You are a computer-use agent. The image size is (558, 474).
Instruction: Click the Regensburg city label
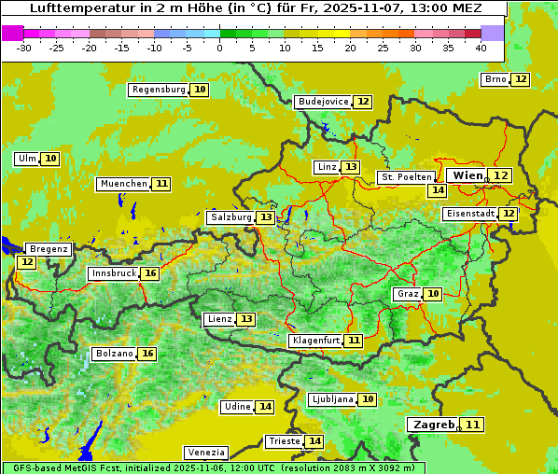point(159,90)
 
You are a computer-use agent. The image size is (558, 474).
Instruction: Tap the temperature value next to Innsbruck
point(150,273)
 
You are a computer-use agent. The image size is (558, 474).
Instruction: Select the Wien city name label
point(467,175)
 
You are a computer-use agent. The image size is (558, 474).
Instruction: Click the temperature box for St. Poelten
point(437,190)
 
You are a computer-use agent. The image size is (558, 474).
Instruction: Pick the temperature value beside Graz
point(432,294)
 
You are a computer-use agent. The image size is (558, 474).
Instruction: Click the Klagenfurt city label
point(314,341)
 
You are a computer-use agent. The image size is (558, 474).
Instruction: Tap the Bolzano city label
point(114,355)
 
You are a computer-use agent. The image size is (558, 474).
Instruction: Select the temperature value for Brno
point(520,79)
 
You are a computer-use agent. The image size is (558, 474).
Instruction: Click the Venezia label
point(205,453)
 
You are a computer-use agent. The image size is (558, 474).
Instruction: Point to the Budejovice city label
point(323,102)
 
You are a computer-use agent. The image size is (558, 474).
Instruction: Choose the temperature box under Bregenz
point(26,263)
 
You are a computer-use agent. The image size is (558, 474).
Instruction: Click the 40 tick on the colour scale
point(481,48)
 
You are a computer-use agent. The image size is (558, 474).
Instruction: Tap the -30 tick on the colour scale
point(24,48)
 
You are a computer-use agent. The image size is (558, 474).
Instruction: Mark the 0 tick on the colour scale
point(220,48)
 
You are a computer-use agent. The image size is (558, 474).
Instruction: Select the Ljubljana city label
point(331,399)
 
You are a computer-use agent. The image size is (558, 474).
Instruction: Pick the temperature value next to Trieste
point(315,441)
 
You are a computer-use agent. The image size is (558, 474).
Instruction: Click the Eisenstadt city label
point(470,214)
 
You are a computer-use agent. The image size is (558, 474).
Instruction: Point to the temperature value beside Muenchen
point(162,184)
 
